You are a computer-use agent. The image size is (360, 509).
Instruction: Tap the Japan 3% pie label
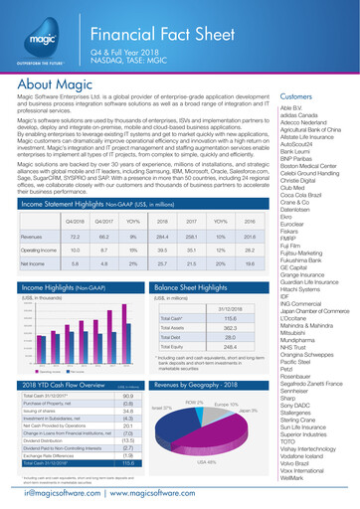click(x=248, y=410)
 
